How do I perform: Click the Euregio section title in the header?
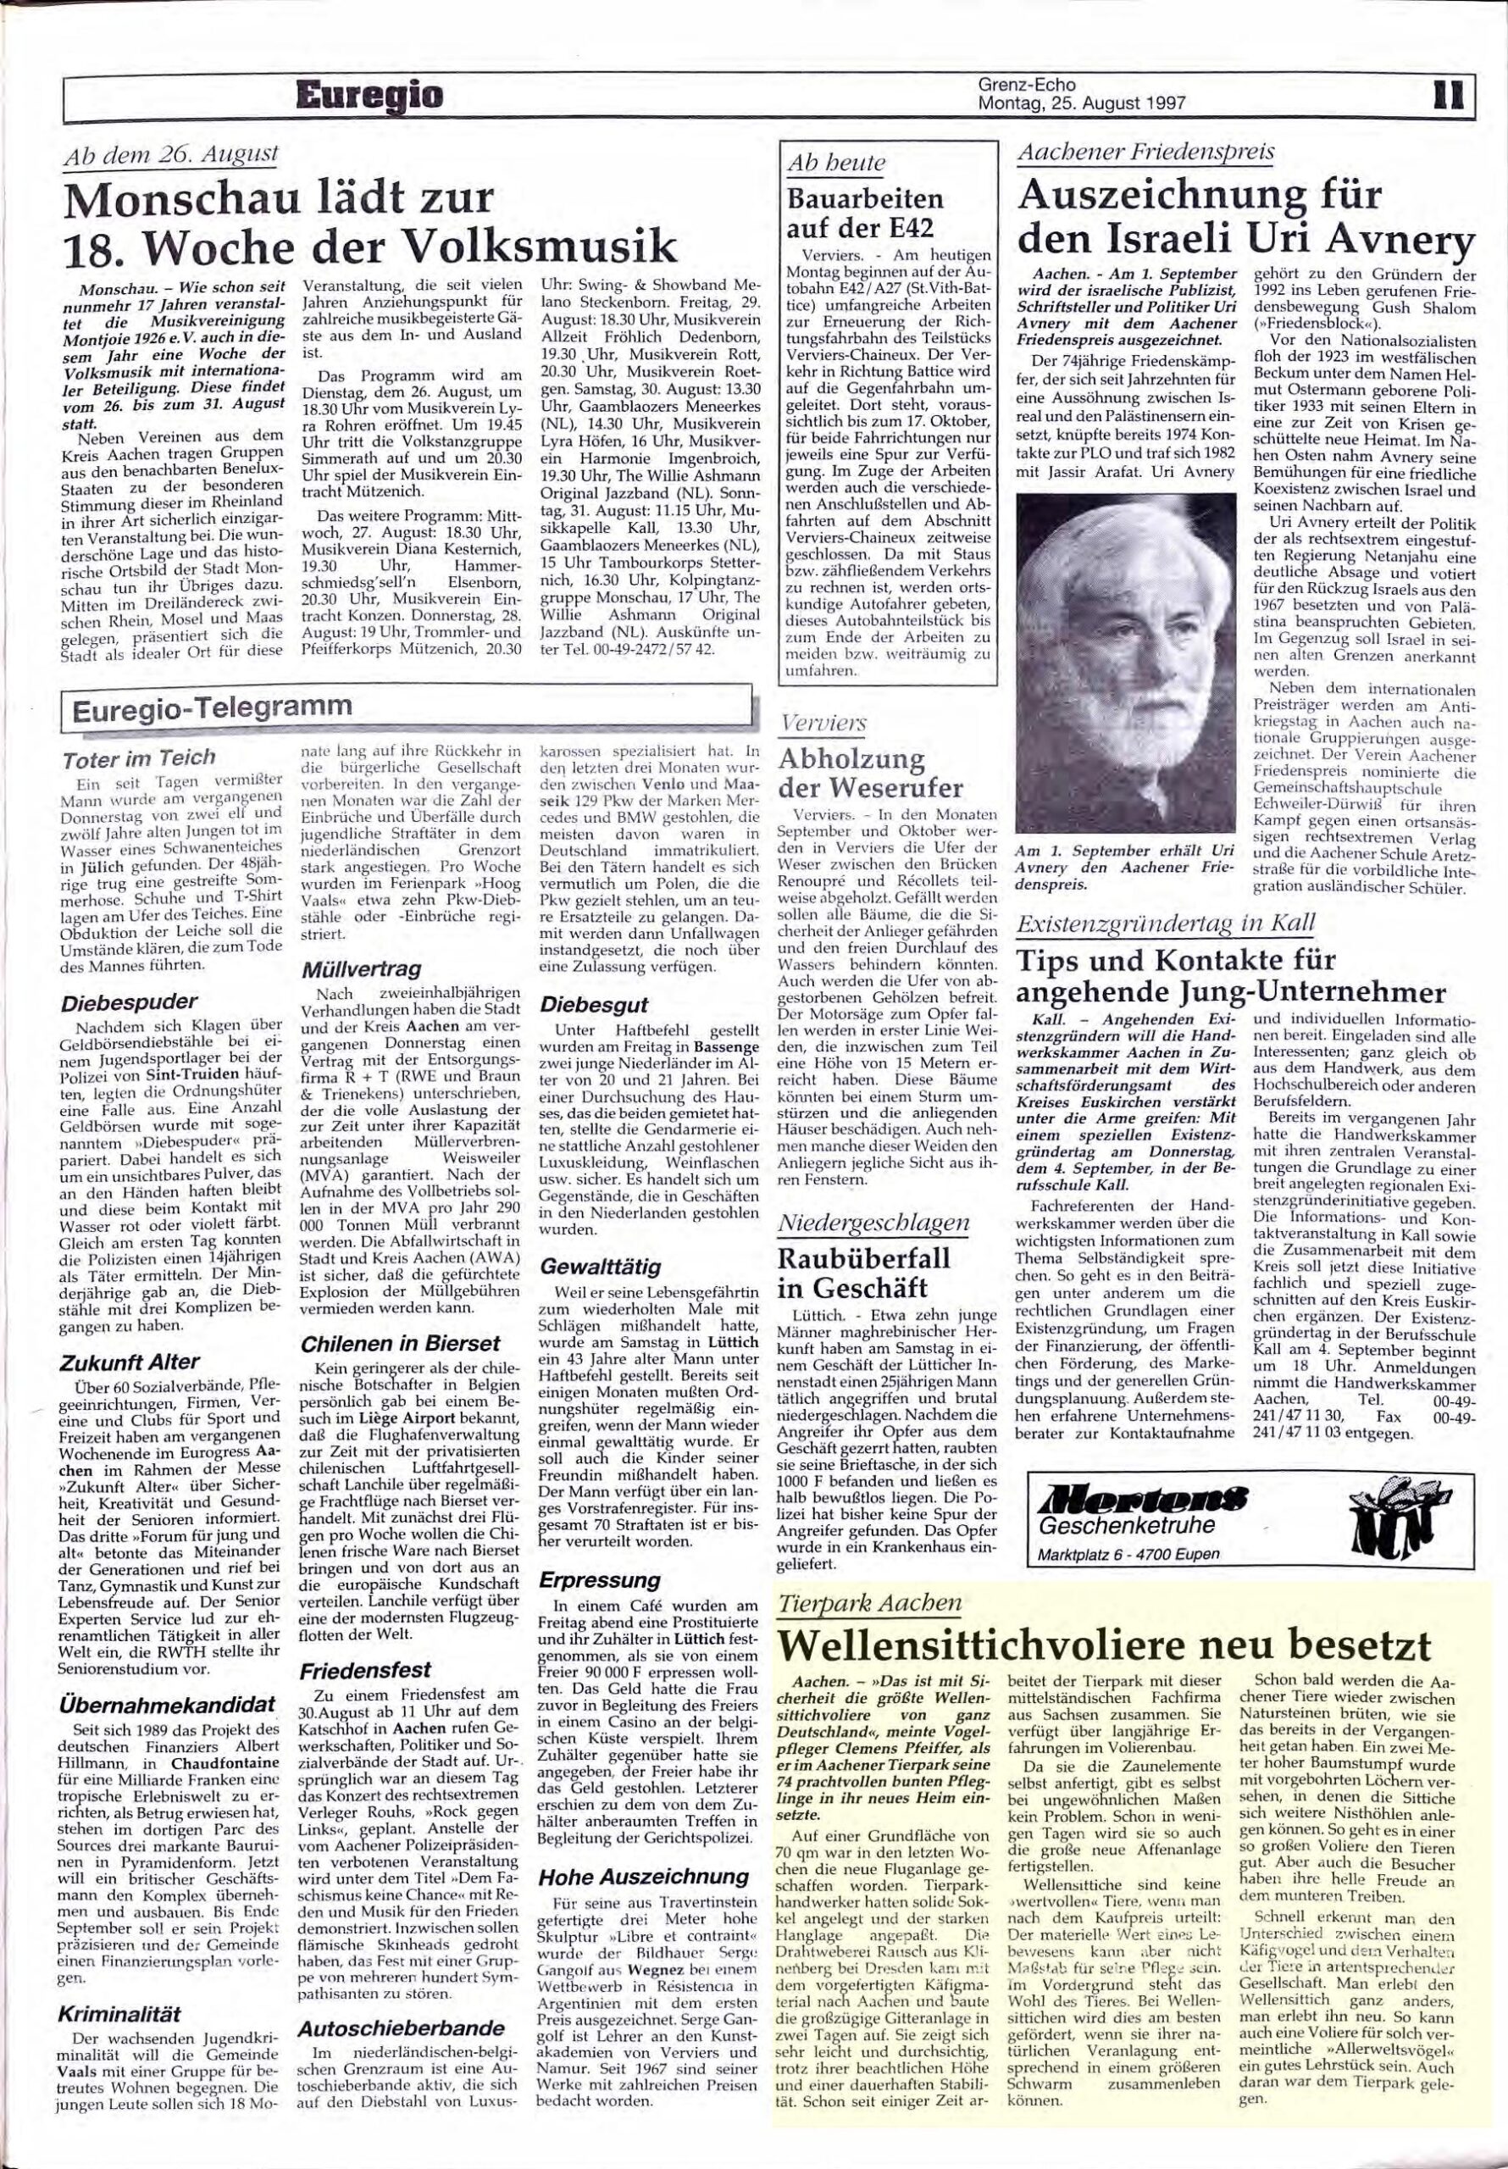(x=369, y=97)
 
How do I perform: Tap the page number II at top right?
(x=1449, y=97)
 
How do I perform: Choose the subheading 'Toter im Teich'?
(x=138, y=757)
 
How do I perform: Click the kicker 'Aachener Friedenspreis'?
(x=1145, y=153)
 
